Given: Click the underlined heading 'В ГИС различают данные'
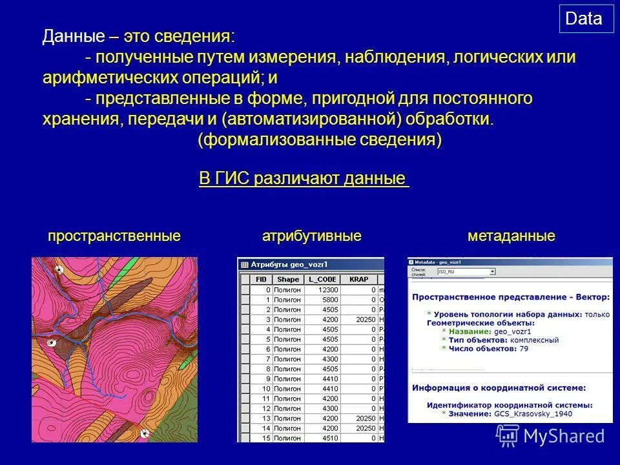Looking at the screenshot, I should (304, 179).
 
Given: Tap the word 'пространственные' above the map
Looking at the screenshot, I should (114, 236).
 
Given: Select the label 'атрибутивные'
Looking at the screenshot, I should (311, 236).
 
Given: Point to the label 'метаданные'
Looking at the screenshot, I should (511, 236).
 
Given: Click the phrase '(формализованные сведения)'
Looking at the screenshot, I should (320, 141).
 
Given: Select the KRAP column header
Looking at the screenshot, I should (358, 280).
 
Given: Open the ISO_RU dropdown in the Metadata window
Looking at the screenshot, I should (466, 272).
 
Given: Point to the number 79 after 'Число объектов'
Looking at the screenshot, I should (524, 349).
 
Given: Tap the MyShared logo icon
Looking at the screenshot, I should (507, 436).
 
